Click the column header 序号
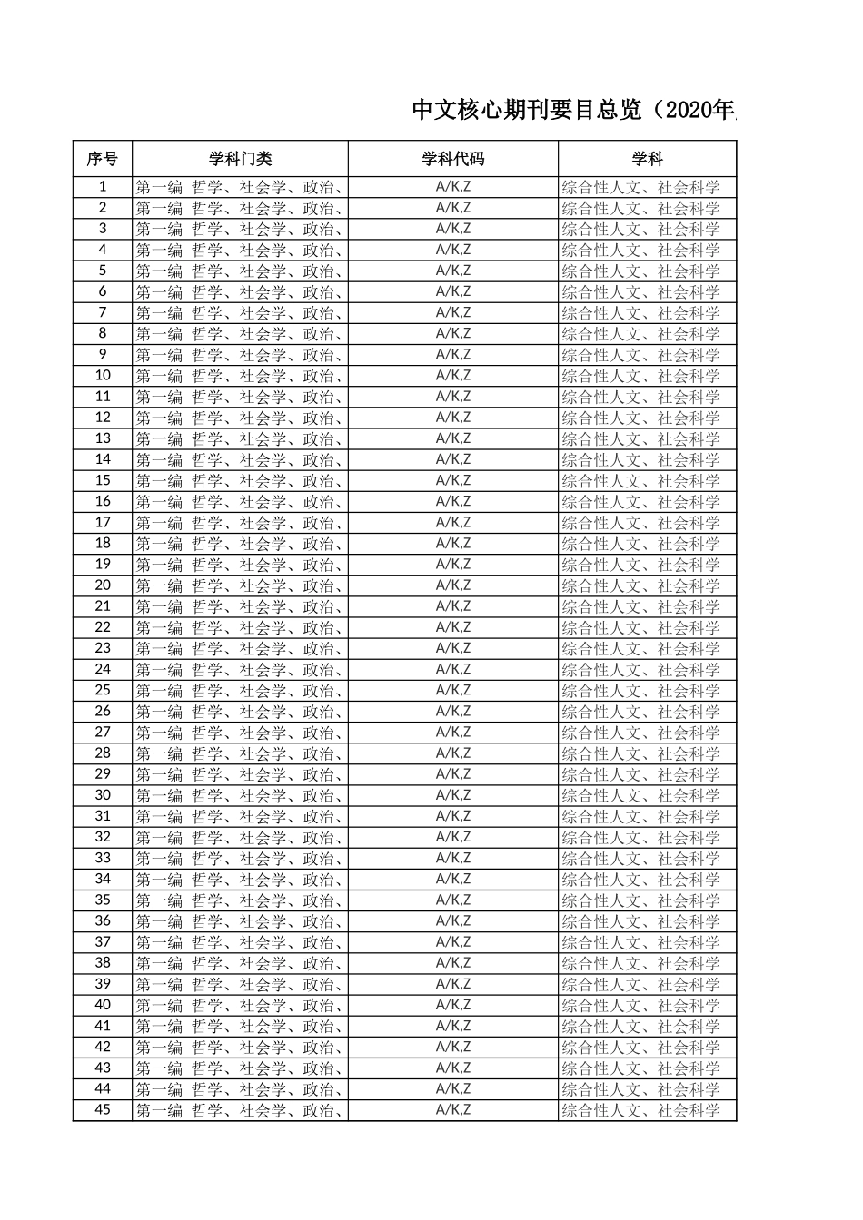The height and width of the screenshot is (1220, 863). (x=103, y=159)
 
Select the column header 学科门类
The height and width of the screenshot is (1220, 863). (x=240, y=159)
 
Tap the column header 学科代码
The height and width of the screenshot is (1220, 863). (x=452, y=159)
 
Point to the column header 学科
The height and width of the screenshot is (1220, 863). (x=647, y=159)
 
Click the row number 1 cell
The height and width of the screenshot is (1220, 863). (x=103, y=187)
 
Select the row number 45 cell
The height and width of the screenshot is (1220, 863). (x=103, y=1109)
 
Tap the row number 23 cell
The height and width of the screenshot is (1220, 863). (x=103, y=648)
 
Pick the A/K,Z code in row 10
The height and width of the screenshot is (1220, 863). (x=452, y=375)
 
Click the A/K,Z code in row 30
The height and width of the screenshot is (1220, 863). (x=452, y=794)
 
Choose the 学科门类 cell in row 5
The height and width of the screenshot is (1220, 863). (x=240, y=271)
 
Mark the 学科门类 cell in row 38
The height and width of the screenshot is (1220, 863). (x=240, y=962)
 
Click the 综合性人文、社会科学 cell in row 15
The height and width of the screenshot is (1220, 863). (x=640, y=480)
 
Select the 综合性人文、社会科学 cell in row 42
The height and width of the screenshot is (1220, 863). (x=640, y=1047)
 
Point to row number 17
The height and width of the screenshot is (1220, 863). (x=103, y=522)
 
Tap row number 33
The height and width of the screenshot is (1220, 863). (x=103, y=858)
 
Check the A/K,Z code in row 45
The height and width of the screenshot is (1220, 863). (x=452, y=1109)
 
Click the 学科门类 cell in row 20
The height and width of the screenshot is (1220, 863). (x=240, y=585)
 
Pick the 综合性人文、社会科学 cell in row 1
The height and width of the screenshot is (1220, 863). (x=640, y=187)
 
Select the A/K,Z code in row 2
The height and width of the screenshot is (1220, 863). (x=452, y=208)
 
